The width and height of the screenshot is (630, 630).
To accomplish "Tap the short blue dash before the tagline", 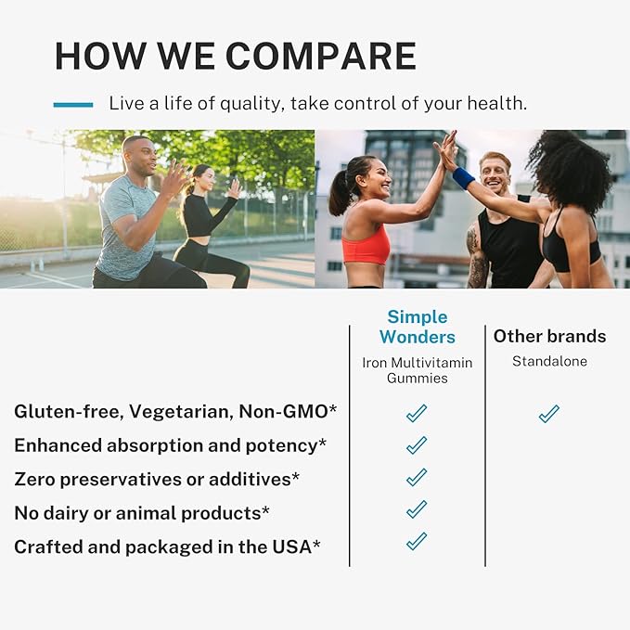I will pos(73,104).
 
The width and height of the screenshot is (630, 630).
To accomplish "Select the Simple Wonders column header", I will pos(417,328).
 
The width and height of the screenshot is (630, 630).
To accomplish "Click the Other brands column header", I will pos(549,336).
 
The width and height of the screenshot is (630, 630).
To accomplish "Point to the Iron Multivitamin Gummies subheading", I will pos(417,369).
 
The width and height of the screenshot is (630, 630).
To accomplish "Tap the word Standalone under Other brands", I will pos(549,361).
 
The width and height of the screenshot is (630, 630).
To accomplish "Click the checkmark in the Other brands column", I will pos(549,414).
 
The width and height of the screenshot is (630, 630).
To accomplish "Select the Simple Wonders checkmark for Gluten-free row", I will pos(417,414).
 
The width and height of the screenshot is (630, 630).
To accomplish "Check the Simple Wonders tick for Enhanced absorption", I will pos(417,446).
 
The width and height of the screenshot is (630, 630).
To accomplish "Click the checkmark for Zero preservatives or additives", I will pos(417,478).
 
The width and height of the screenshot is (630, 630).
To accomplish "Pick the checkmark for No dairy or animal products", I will pos(417,509).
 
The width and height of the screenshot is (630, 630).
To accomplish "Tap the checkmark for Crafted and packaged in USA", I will pos(417,541).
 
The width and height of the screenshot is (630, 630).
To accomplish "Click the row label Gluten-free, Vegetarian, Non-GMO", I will pos(157,412).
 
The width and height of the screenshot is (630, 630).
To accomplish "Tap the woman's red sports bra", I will pos(367,245).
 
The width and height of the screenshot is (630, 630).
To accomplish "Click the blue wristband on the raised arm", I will pos(464,178).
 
